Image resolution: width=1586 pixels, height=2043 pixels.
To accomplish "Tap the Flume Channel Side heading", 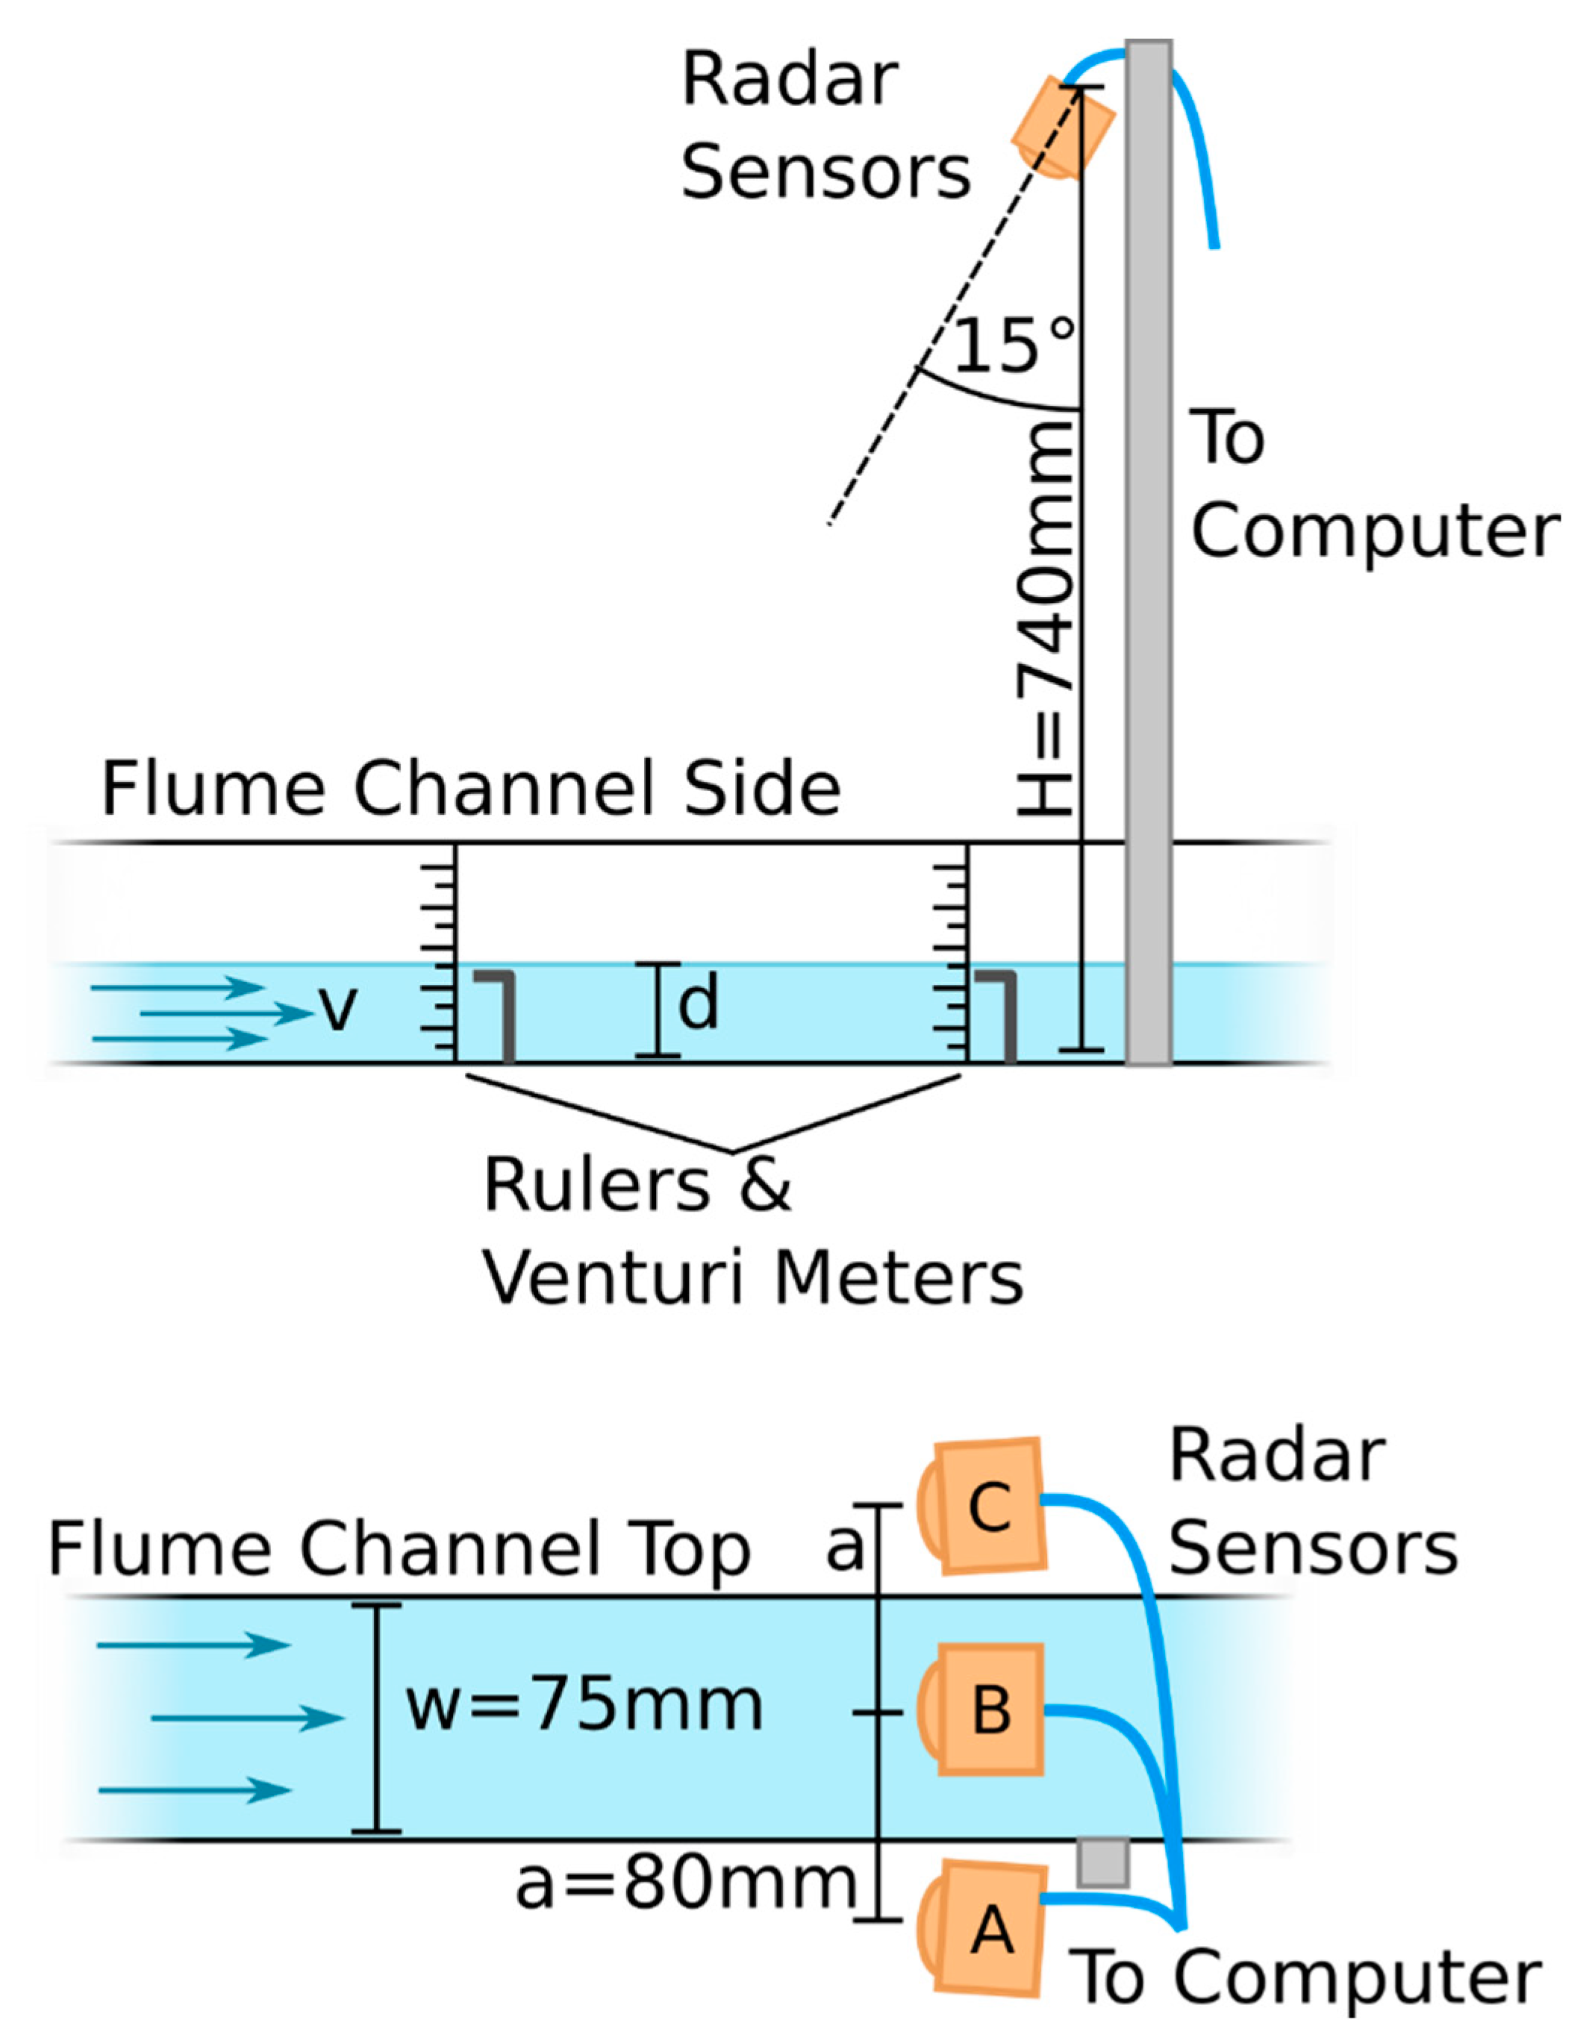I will (x=471, y=789).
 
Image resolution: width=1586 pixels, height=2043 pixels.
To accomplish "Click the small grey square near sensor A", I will (x=1102, y=1862).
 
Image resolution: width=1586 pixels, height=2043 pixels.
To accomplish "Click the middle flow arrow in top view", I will (x=248, y=1718).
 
